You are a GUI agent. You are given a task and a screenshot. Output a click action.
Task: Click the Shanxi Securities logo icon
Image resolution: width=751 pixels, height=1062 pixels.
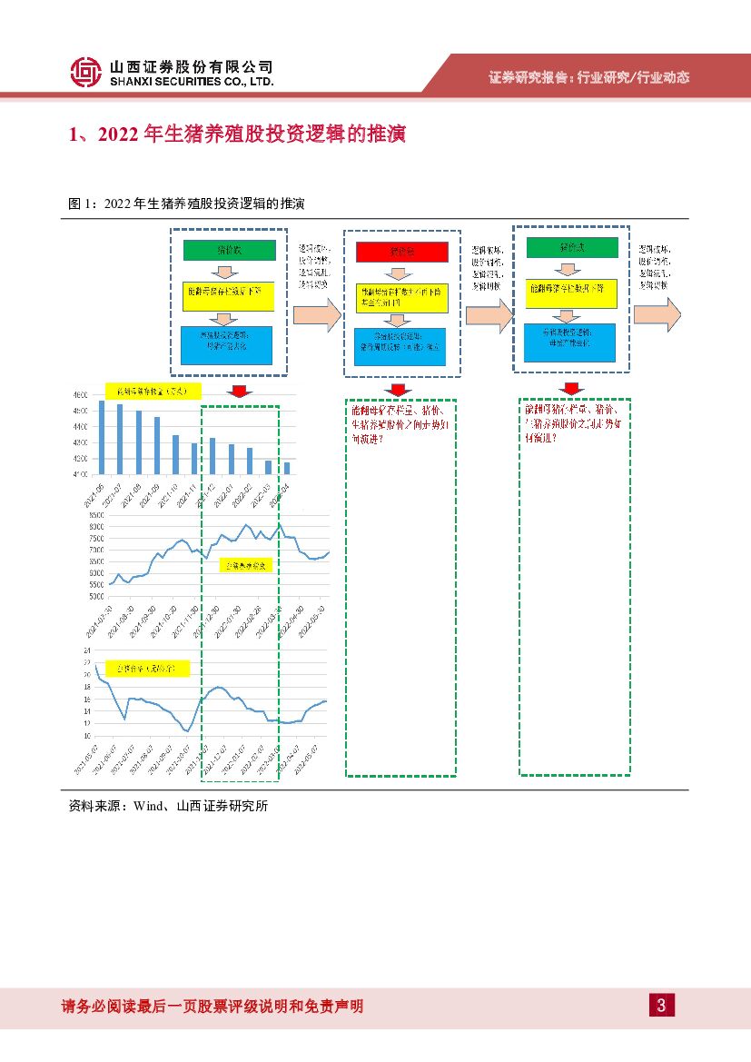85,73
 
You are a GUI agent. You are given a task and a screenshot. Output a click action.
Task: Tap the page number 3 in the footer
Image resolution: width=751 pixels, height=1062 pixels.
661,1005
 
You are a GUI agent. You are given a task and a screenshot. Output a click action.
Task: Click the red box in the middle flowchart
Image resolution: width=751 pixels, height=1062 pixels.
400,252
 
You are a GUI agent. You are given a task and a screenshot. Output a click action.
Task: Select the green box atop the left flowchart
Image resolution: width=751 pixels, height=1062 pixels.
227,249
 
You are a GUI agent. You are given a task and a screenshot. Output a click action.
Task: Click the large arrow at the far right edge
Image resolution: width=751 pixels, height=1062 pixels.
657,314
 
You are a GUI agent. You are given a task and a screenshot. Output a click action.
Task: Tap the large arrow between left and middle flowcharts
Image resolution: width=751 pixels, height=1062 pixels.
317,314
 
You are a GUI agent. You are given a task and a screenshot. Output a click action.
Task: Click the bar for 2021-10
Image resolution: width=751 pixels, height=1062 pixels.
175,454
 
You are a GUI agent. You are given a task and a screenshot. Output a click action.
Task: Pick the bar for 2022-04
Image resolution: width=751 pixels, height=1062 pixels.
287,468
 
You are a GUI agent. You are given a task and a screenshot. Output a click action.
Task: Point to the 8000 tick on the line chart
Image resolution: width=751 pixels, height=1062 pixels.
94,526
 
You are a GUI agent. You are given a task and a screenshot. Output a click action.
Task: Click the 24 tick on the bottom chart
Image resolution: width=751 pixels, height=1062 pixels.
86,651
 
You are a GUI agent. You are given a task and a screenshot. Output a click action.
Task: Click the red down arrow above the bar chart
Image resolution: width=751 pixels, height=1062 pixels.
240,392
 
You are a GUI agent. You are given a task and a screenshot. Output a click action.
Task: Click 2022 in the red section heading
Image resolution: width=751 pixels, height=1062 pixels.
114,135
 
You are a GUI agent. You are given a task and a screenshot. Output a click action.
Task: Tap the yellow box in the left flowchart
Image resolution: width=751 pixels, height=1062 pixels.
227,292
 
